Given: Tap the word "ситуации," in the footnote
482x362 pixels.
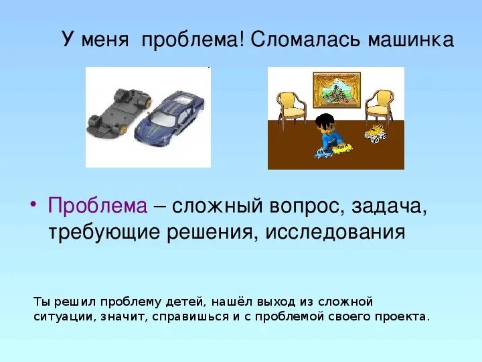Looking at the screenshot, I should (64, 316).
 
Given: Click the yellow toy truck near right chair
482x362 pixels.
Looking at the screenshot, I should (376, 133).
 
